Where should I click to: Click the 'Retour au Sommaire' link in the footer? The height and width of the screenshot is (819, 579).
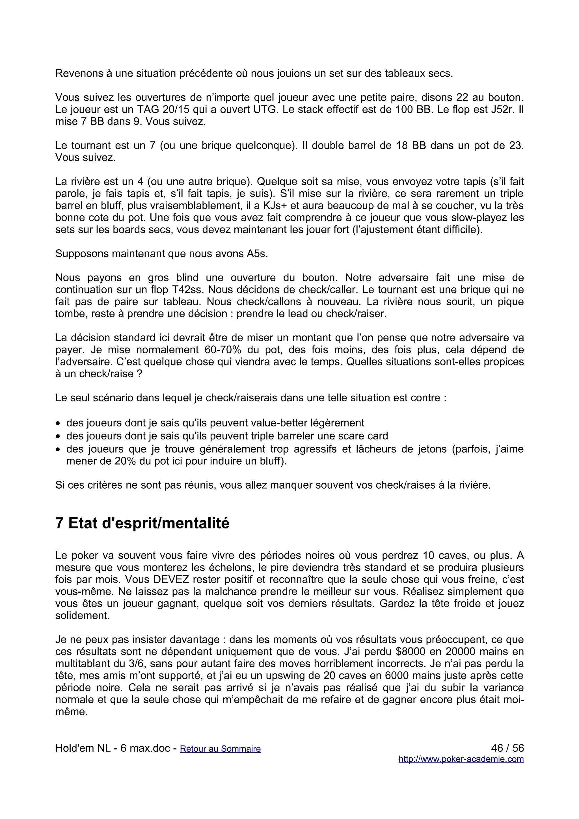220,749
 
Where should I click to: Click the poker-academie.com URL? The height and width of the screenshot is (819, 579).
461,759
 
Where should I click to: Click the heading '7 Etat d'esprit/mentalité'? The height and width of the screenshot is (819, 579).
142,523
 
